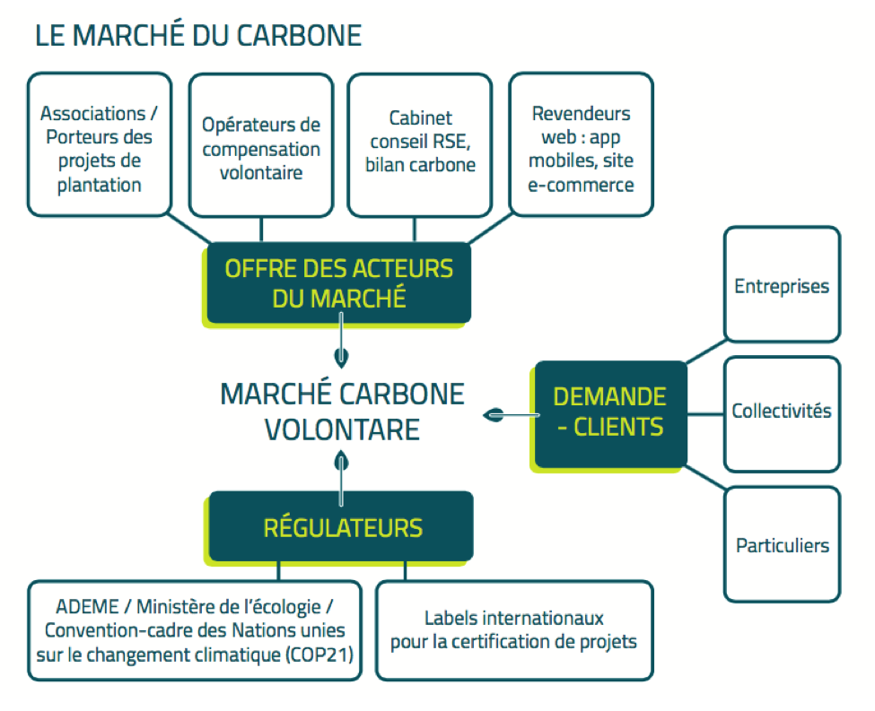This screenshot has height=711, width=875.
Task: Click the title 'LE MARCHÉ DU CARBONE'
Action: point(198,35)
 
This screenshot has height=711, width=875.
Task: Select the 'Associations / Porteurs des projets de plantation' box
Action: point(100,144)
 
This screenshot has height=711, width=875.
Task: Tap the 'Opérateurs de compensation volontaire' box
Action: point(261,145)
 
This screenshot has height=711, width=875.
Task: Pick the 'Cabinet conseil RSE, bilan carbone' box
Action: point(420,145)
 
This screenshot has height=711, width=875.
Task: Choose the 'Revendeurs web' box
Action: point(581,144)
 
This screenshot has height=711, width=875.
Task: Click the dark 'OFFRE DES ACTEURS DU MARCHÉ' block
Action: point(338,282)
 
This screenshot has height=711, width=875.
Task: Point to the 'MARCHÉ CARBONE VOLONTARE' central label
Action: point(342,412)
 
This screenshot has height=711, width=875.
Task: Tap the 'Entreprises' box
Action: point(782,284)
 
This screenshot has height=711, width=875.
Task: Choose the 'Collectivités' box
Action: point(782,414)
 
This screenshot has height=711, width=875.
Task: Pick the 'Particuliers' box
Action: point(782,544)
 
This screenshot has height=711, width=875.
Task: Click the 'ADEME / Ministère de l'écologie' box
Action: point(195,630)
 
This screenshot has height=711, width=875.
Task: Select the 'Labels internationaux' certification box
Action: point(514,630)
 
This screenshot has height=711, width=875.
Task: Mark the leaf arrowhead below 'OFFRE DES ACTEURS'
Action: point(341,358)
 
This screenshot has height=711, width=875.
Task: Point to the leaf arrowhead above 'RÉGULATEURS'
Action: point(341,462)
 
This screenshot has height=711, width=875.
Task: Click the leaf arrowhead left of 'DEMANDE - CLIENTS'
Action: point(494,415)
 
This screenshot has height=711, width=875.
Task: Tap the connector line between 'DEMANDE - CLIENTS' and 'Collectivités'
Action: point(705,414)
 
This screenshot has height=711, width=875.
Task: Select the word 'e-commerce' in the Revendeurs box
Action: point(581,185)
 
